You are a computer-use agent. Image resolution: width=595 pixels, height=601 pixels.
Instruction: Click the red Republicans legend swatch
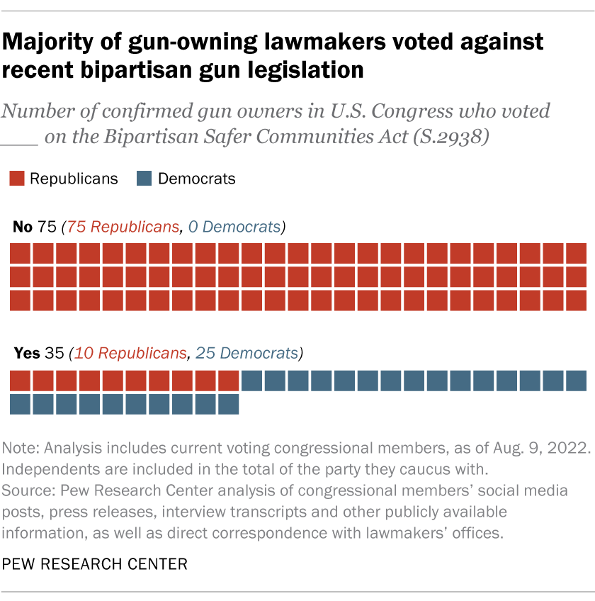tap(16, 179)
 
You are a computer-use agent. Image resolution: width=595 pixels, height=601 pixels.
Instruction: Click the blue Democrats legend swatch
tap(144, 179)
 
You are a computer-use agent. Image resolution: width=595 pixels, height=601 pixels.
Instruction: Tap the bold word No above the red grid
tap(22, 228)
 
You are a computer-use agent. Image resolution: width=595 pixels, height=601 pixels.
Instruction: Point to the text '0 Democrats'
tap(234, 228)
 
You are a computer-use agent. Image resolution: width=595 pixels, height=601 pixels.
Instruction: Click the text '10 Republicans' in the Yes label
tap(131, 352)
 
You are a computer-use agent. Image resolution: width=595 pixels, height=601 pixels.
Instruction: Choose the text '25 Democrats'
tap(246, 352)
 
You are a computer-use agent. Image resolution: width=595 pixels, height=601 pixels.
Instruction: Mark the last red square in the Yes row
tap(229, 381)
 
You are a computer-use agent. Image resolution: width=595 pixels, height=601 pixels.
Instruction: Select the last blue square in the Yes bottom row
tap(229, 404)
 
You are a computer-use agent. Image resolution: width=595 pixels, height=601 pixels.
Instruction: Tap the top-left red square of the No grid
tap(20, 253)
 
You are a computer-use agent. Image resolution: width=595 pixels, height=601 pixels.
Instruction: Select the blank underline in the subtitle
tap(21, 142)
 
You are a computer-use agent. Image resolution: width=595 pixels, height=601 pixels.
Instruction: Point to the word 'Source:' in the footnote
tap(25, 490)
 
